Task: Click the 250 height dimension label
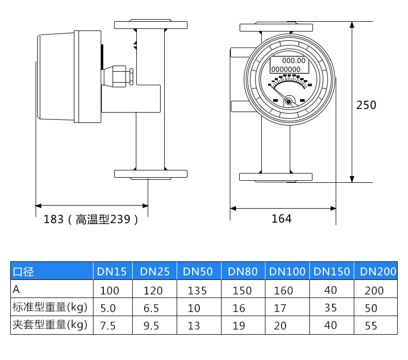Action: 366,105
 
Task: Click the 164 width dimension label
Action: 281,218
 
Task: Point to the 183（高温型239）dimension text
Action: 91,219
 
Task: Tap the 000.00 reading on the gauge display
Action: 294,60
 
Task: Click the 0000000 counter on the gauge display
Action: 286,69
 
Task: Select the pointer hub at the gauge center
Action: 288,101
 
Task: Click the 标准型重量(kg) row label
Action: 50,308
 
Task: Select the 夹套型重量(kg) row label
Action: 50,325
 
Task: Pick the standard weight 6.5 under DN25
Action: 151,308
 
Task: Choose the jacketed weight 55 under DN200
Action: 371,326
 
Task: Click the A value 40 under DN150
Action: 331,290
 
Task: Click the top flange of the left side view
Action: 150,24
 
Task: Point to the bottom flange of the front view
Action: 276,177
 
